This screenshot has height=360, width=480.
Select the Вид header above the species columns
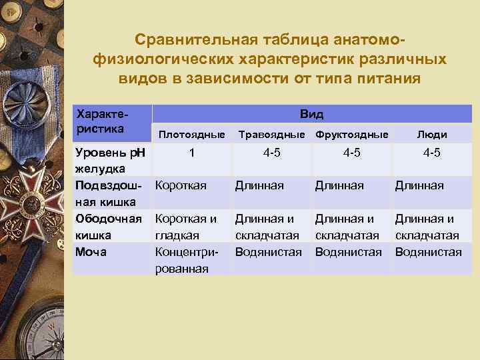[312, 114]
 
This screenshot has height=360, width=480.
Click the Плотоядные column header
[191, 134]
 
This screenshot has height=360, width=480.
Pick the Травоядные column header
[271, 134]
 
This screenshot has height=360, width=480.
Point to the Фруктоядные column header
[351, 134]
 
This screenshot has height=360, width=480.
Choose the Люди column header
[431, 134]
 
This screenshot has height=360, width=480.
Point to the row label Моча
[91, 252]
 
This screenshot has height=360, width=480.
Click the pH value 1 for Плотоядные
[192, 153]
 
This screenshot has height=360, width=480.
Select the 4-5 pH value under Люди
[431, 153]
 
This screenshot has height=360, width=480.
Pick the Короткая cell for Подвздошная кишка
[181, 185]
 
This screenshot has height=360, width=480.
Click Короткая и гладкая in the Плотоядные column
[186, 227]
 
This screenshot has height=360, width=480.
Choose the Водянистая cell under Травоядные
[268, 252]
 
